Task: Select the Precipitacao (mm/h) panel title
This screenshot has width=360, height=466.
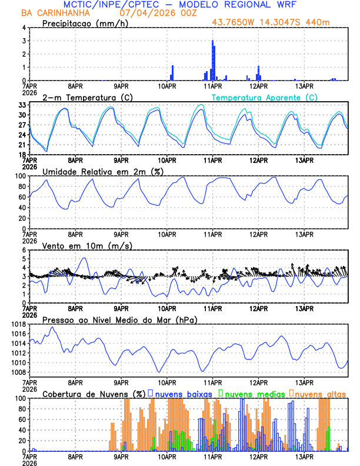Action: pyautogui.click(x=85, y=23)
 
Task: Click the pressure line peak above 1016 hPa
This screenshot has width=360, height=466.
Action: pyautogui.click(x=52, y=327)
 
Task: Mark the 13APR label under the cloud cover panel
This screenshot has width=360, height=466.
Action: pyautogui.click(x=304, y=456)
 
